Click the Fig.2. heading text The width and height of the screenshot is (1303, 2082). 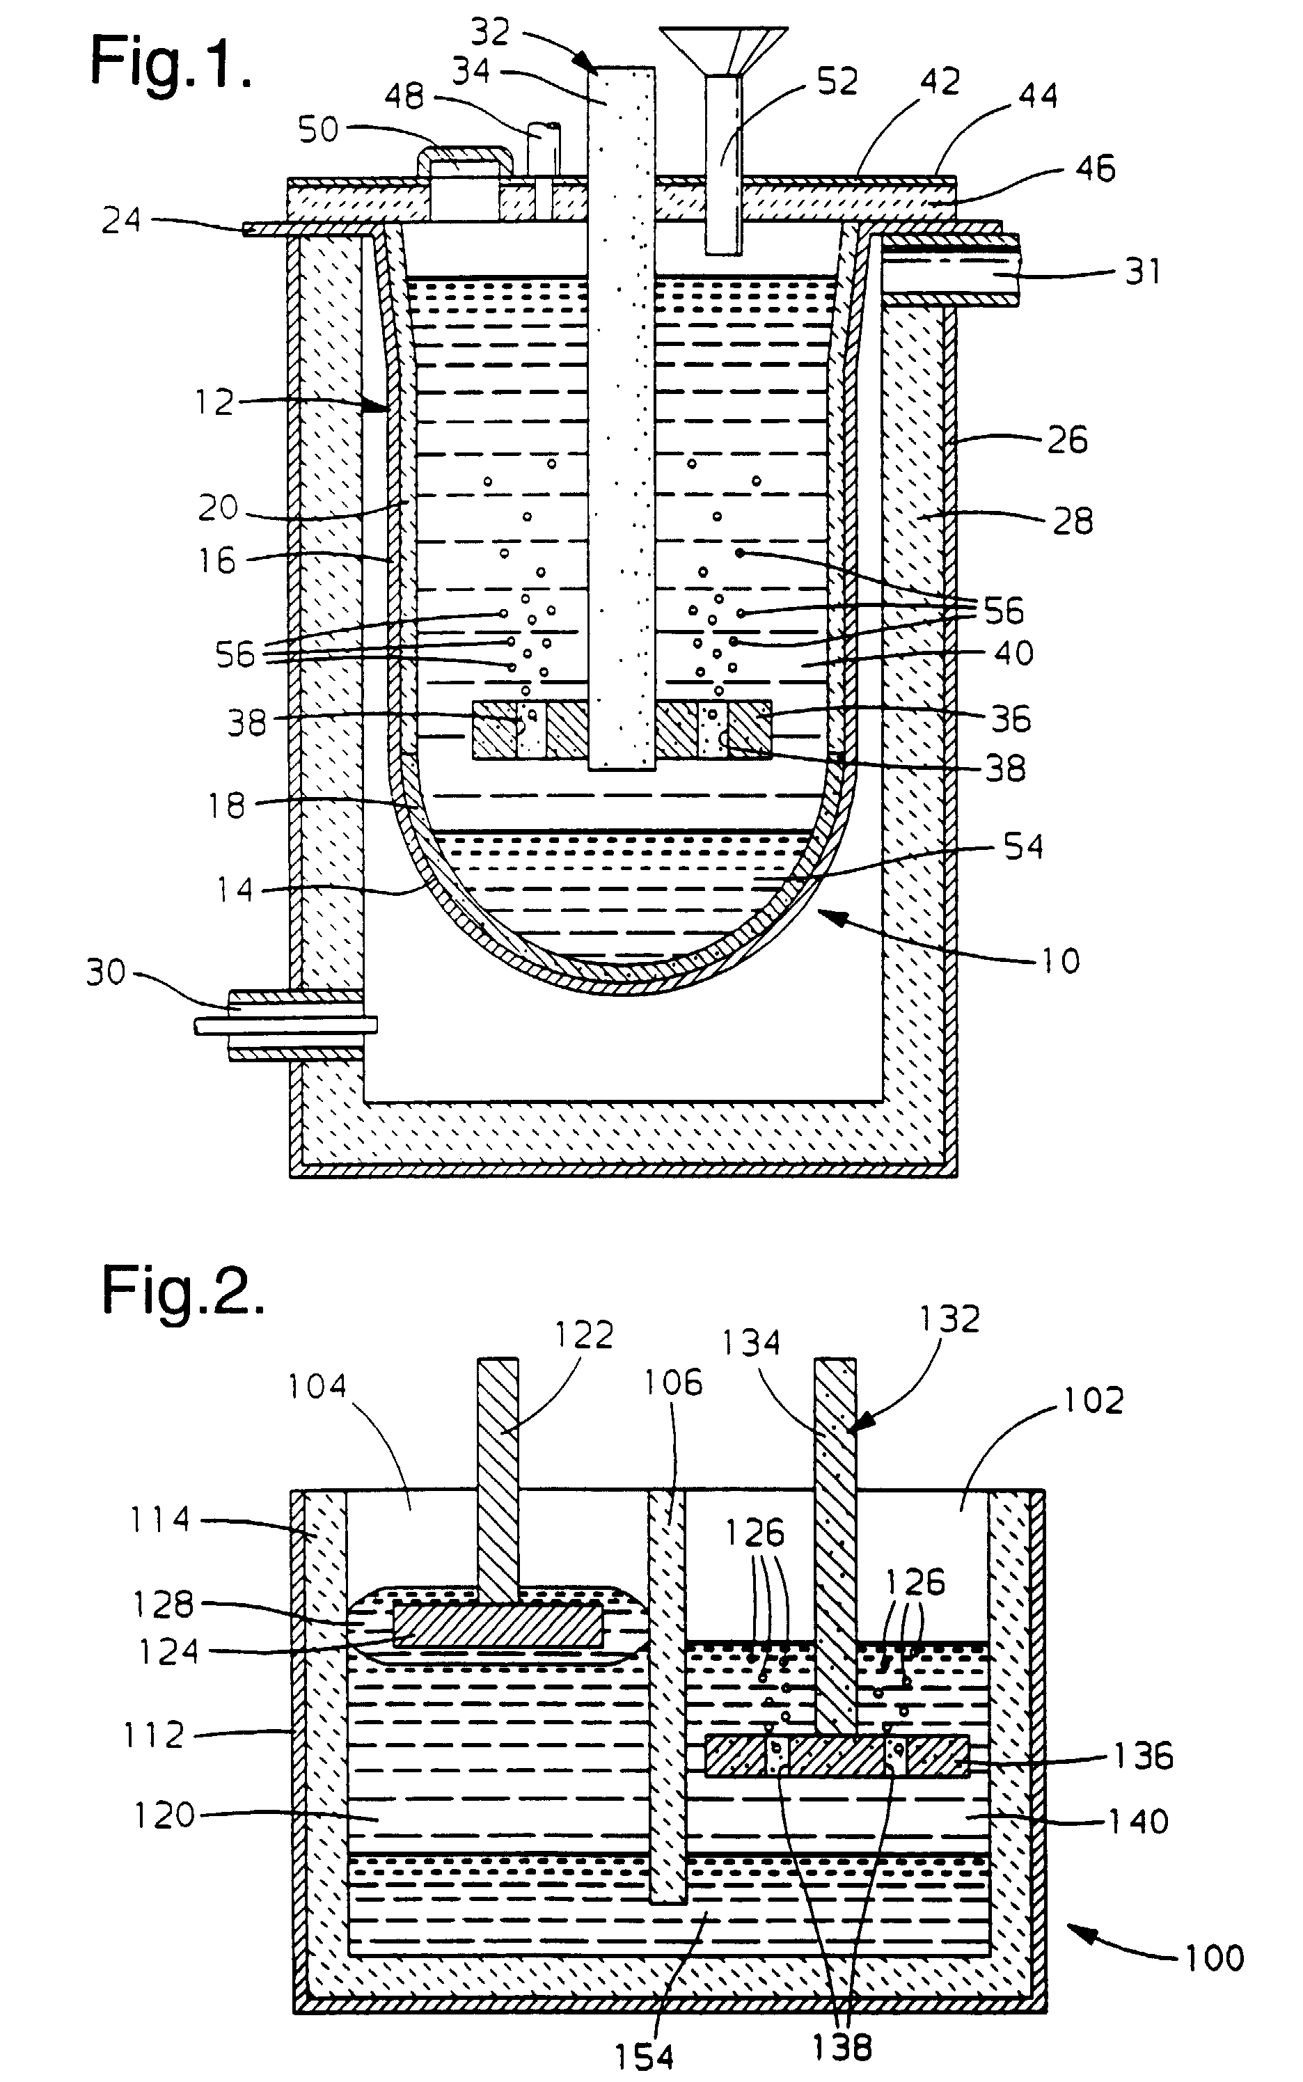pyautogui.click(x=182, y=1290)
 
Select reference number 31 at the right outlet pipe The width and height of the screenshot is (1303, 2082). pyautogui.click(x=1144, y=271)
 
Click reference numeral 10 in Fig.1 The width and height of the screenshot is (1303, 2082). pyautogui.click(x=1059, y=961)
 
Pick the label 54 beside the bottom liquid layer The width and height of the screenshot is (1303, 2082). pyautogui.click(x=1023, y=846)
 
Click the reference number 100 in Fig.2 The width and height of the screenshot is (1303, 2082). pyautogui.click(x=1213, y=1958)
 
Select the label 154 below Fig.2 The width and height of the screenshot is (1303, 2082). pyautogui.click(x=644, y=2057)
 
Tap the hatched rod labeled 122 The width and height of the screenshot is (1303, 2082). pyautogui.click(x=498, y=1474)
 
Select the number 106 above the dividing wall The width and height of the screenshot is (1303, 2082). pyautogui.click(x=673, y=1382)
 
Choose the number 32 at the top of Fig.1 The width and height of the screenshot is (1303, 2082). pyautogui.click(x=490, y=32)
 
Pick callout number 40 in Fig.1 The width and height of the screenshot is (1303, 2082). pyautogui.click(x=1013, y=653)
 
